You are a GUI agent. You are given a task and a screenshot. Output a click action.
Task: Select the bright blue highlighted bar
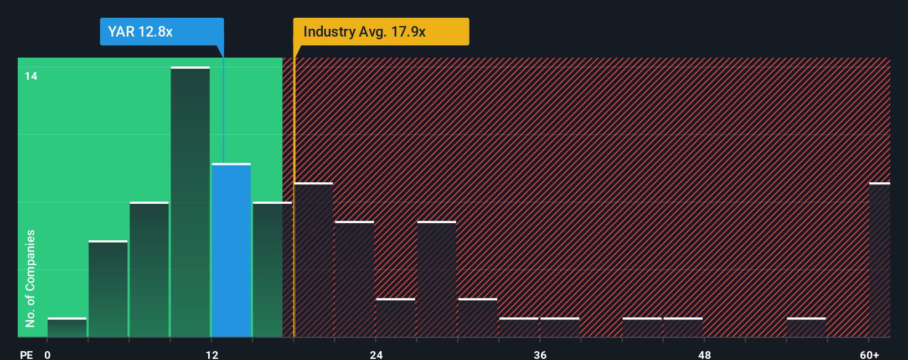pos(231,250)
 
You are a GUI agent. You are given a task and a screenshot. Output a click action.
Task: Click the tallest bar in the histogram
pos(190,202)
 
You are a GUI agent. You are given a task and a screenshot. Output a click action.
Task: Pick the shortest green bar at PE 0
pos(67,327)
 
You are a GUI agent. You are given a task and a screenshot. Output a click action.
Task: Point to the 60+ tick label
pos(869,354)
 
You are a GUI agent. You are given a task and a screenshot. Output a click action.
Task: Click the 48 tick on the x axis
pos(704,354)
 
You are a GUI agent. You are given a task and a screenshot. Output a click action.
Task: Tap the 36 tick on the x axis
pos(540,354)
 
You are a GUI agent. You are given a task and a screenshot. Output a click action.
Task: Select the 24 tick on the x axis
pos(376,354)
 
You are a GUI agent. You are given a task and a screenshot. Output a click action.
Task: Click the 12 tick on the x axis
pos(211,354)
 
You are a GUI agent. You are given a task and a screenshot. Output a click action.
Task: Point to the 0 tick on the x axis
pos(48,354)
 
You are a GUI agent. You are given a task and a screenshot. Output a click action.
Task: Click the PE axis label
pos(26,354)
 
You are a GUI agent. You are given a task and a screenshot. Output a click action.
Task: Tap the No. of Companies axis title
pos(30,278)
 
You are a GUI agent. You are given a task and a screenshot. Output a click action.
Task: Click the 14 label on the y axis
pos(31,76)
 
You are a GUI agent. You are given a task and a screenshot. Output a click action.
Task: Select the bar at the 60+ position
pos(879,260)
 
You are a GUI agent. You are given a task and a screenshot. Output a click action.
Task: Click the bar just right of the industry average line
pos(314,260)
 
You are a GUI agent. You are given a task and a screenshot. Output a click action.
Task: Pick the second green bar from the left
pos(108,289)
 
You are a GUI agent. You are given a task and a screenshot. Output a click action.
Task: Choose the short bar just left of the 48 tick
pos(683,327)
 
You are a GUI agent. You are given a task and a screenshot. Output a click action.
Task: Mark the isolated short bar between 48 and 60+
pos(806,327)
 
